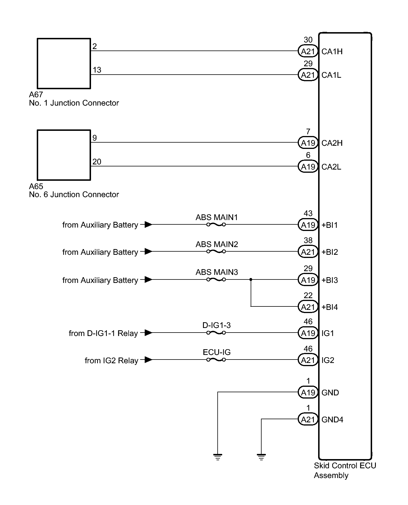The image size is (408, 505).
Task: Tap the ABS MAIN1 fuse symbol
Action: pyautogui.click(x=216, y=225)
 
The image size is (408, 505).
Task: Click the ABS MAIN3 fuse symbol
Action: pyautogui.click(x=216, y=279)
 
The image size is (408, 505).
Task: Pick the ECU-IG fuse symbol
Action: pyautogui.click(x=216, y=360)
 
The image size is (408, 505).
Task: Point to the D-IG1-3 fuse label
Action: pyautogui.click(x=216, y=325)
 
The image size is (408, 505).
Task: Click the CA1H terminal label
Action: pyautogui.click(x=332, y=52)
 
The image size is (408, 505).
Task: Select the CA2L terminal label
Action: pyautogui.click(x=331, y=167)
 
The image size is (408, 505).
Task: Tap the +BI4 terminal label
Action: pyautogui.click(x=330, y=307)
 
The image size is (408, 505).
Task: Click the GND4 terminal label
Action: pyautogui.click(x=332, y=420)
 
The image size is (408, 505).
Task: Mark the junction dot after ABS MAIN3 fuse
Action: pyautogui.click(x=251, y=279)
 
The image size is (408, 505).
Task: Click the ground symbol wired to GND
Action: pyautogui.click(x=218, y=457)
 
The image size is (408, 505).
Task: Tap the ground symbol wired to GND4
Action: pyautogui.click(x=261, y=457)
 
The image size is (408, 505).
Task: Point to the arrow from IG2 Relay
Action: pyautogui.click(x=148, y=360)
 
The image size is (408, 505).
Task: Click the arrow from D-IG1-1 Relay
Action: pyautogui.click(x=148, y=333)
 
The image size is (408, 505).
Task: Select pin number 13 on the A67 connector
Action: pyautogui.click(x=97, y=70)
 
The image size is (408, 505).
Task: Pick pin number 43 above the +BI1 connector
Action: pyautogui.click(x=308, y=213)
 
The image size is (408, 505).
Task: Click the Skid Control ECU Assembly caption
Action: pyautogui.click(x=345, y=470)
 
